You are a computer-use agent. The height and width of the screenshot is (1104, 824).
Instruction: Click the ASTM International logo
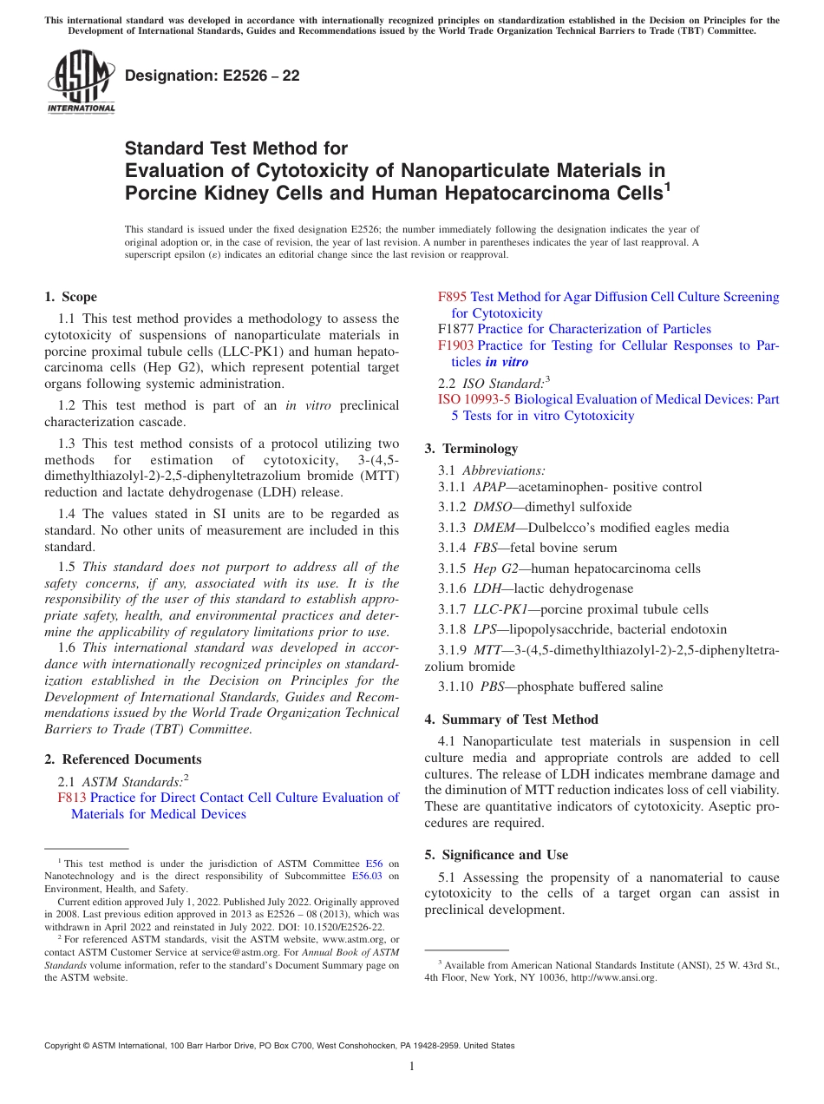pos(81,82)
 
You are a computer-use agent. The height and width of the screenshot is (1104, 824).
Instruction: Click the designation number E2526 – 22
pos(213,76)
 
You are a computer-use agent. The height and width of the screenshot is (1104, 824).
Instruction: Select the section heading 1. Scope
pos(71,297)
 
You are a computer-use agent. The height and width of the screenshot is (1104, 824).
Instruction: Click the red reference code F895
pos(452,297)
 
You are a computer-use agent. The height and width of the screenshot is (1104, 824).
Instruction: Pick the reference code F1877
pos(455,329)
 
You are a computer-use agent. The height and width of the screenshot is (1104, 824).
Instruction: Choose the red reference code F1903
pos(455,345)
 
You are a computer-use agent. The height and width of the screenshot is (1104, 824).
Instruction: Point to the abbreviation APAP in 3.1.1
pos(489,487)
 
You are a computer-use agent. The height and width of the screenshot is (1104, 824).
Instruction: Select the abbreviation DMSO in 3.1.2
pos(491,507)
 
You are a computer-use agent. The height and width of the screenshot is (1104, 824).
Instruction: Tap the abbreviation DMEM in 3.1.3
pos(492,528)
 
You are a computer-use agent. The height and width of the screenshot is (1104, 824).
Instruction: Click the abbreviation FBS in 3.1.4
pos(487,548)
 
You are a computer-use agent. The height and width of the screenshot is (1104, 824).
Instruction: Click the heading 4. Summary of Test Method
pos(511,720)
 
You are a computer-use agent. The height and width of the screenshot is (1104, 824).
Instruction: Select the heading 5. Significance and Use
pos(496,855)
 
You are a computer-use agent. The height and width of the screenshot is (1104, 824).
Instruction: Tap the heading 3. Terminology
pos(471,449)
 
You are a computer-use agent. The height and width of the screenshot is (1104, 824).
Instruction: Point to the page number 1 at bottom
pos(412,1067)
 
